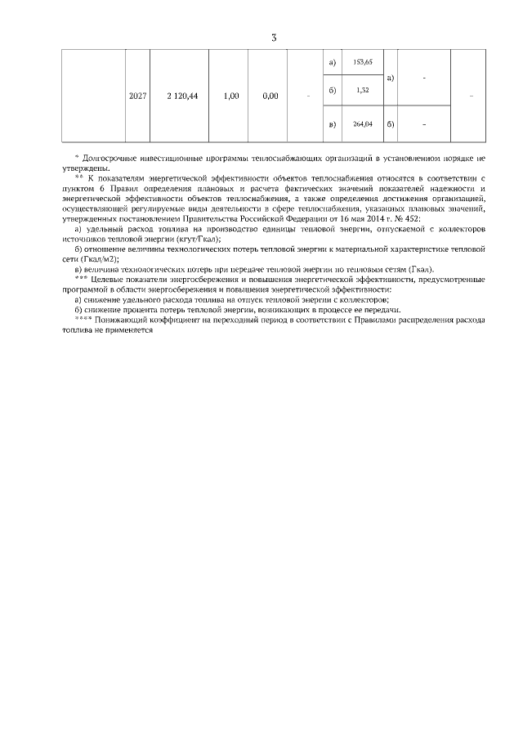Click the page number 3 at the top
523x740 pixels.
[x=274, y=37]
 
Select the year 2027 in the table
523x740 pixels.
[x=138, y=96]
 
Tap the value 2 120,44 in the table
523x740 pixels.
[x=181, y=96]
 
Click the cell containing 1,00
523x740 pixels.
[x=230, y=96]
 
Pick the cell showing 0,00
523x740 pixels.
[x=270, y=96]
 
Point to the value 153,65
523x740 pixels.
[x=363, y=62]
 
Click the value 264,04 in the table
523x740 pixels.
[x=363, y=124]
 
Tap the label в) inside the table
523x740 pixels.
[x=332, y=124]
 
